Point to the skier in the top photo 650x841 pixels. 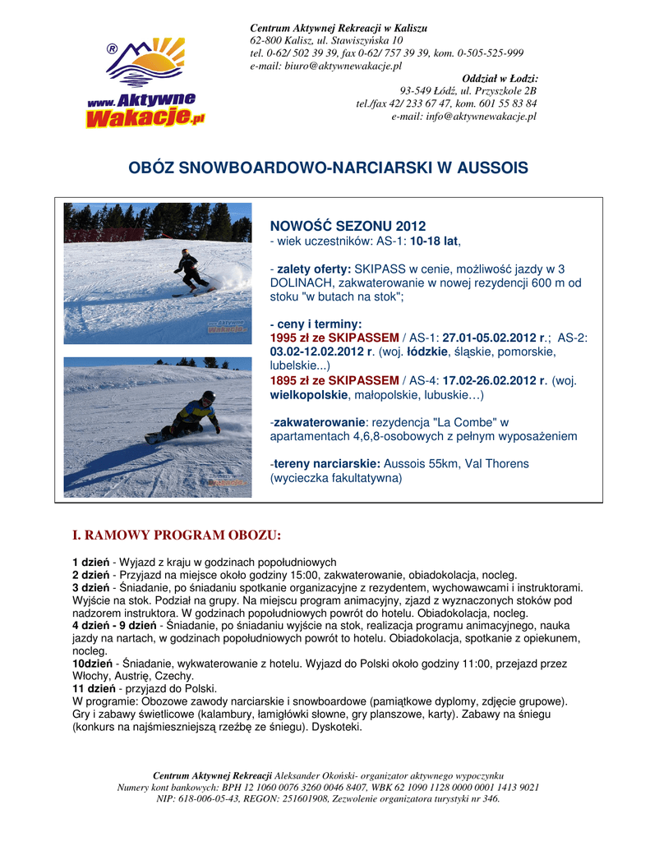pyautogui.click(x=190, y=272)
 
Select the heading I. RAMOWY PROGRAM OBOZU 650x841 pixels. pyautogui.click(x=177, y=535)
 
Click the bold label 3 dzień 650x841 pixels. pyautogui.click(x=90, y=588)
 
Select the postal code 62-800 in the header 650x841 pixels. pyautogui.click(x=267, y=39)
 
